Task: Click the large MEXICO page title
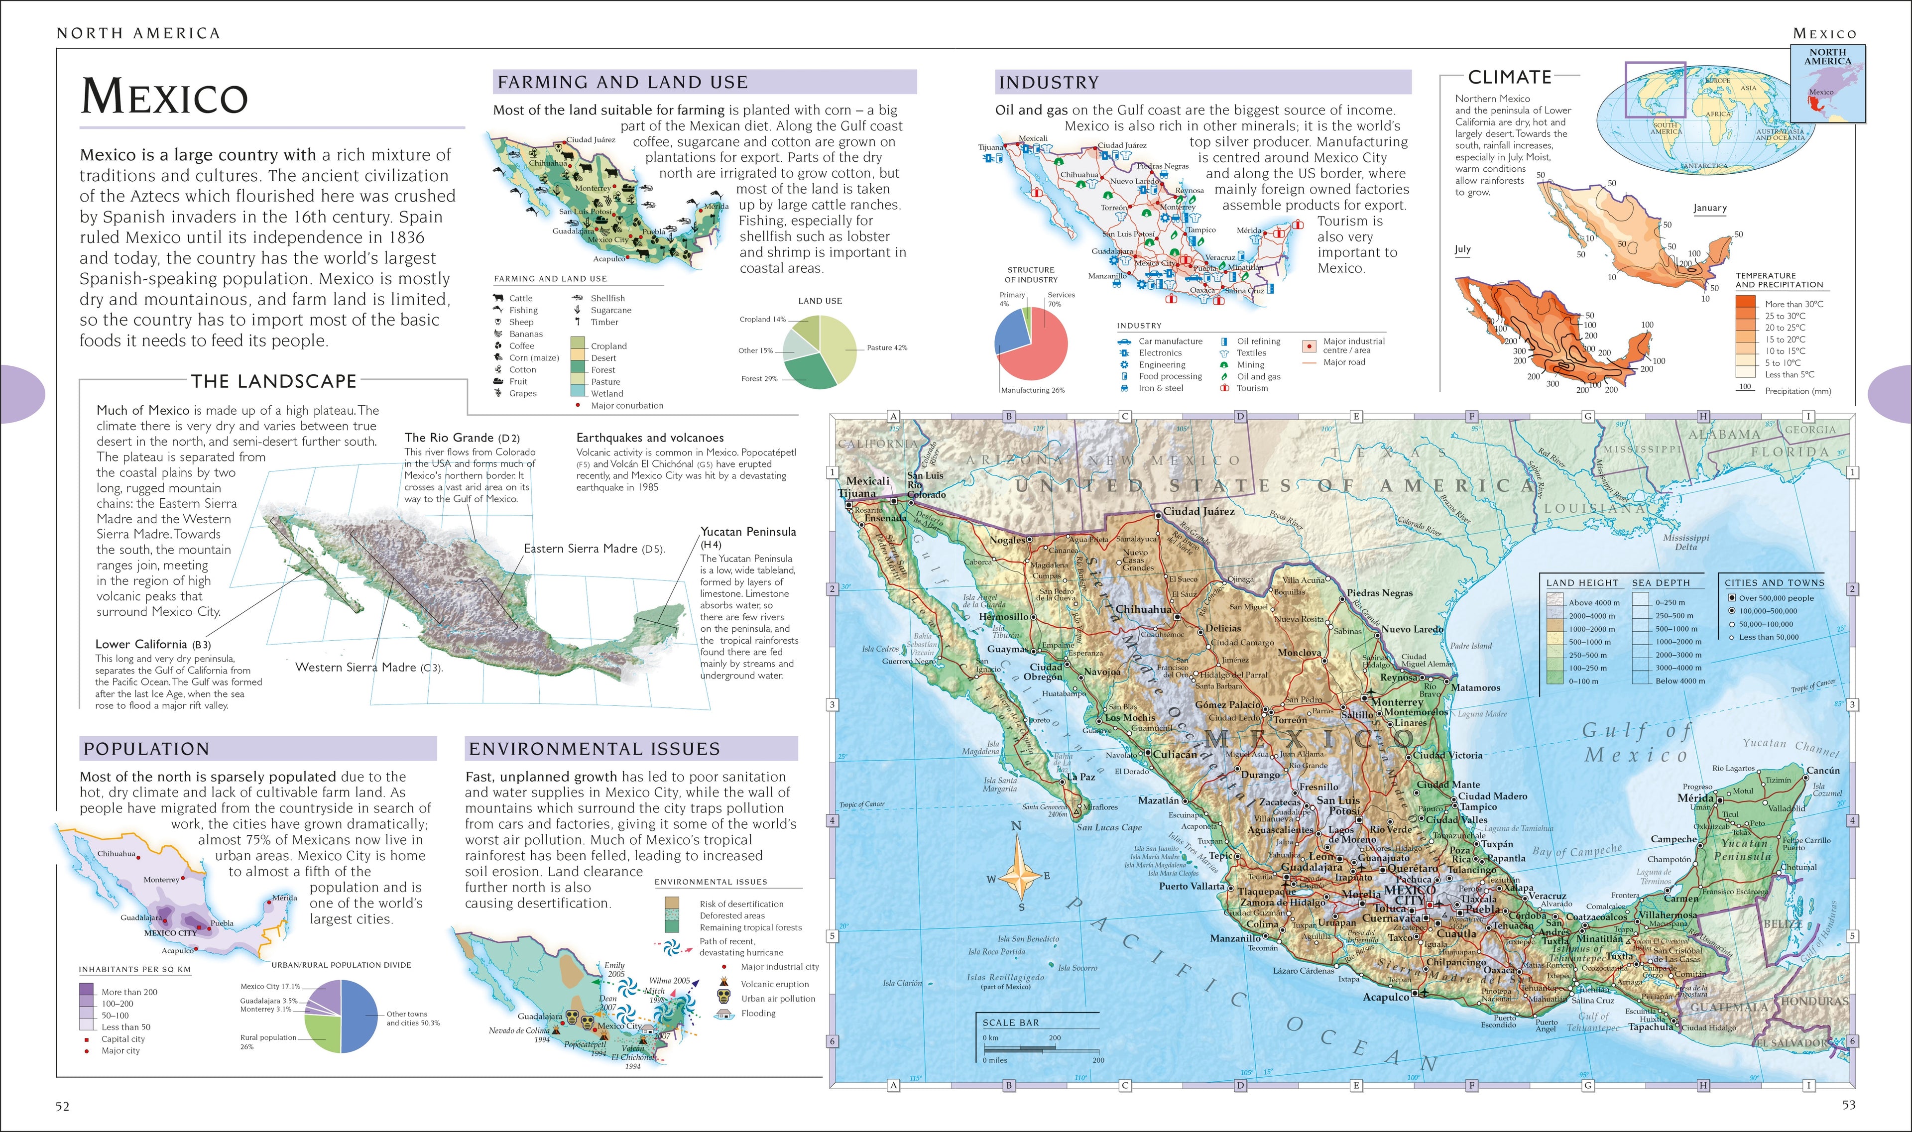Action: click(164, 97)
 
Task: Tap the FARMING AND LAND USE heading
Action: click(622, 82)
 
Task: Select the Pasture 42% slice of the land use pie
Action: click(839, 347)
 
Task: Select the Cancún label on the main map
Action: click(1823, 771)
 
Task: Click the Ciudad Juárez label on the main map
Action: click(1198, 512)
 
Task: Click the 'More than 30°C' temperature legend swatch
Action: click(1746, 303)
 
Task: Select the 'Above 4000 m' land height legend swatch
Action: click(1555, 602)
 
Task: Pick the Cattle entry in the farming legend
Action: click(520, 298)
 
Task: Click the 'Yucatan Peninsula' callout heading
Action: click(748, 532)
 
